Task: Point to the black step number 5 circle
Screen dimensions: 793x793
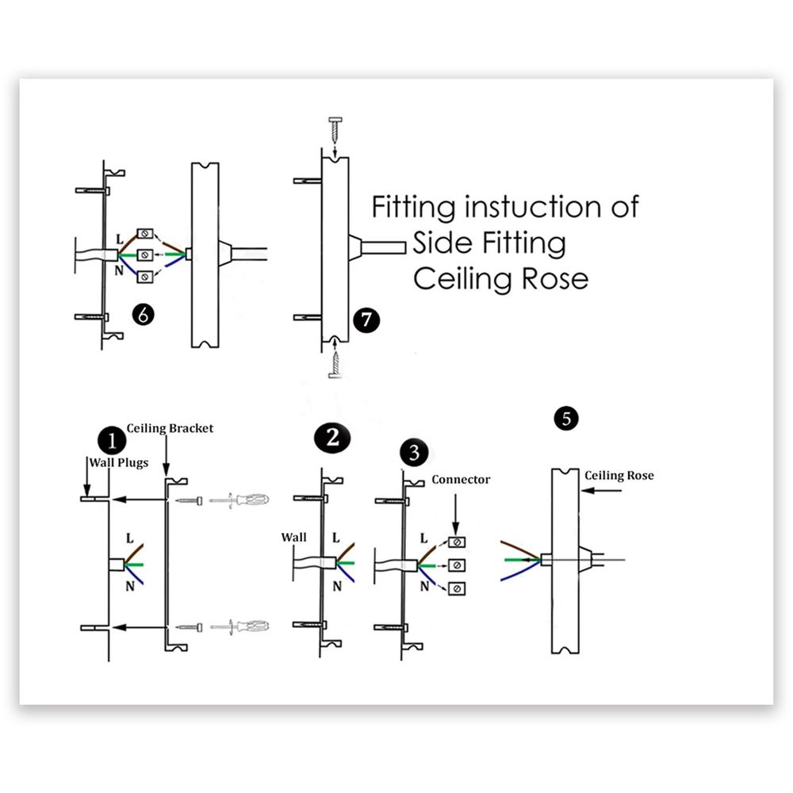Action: (565, 418)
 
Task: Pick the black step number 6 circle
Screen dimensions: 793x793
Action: (143, 314)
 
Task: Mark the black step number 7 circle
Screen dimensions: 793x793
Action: (366, 320)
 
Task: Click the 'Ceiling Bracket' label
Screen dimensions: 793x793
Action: (170, 428)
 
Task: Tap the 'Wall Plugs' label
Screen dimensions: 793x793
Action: (117, 462)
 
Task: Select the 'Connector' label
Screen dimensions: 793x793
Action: (461, 480)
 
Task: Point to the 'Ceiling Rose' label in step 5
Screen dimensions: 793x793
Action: (619, 476)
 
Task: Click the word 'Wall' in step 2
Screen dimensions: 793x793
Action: (293, 537)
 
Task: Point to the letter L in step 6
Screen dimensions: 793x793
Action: (119, 238)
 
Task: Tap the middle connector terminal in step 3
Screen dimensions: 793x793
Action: (457, 565)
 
